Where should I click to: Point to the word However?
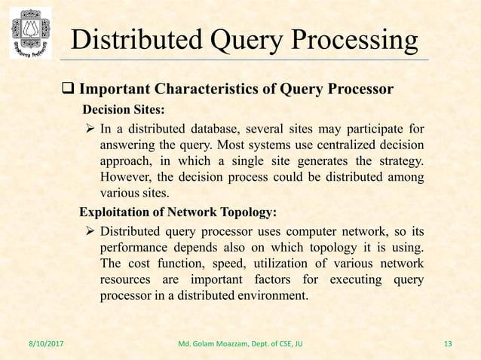pyautogui.click(x=126, y=178)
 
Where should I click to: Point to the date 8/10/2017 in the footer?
pyautogui.click(x=36, y=345)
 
